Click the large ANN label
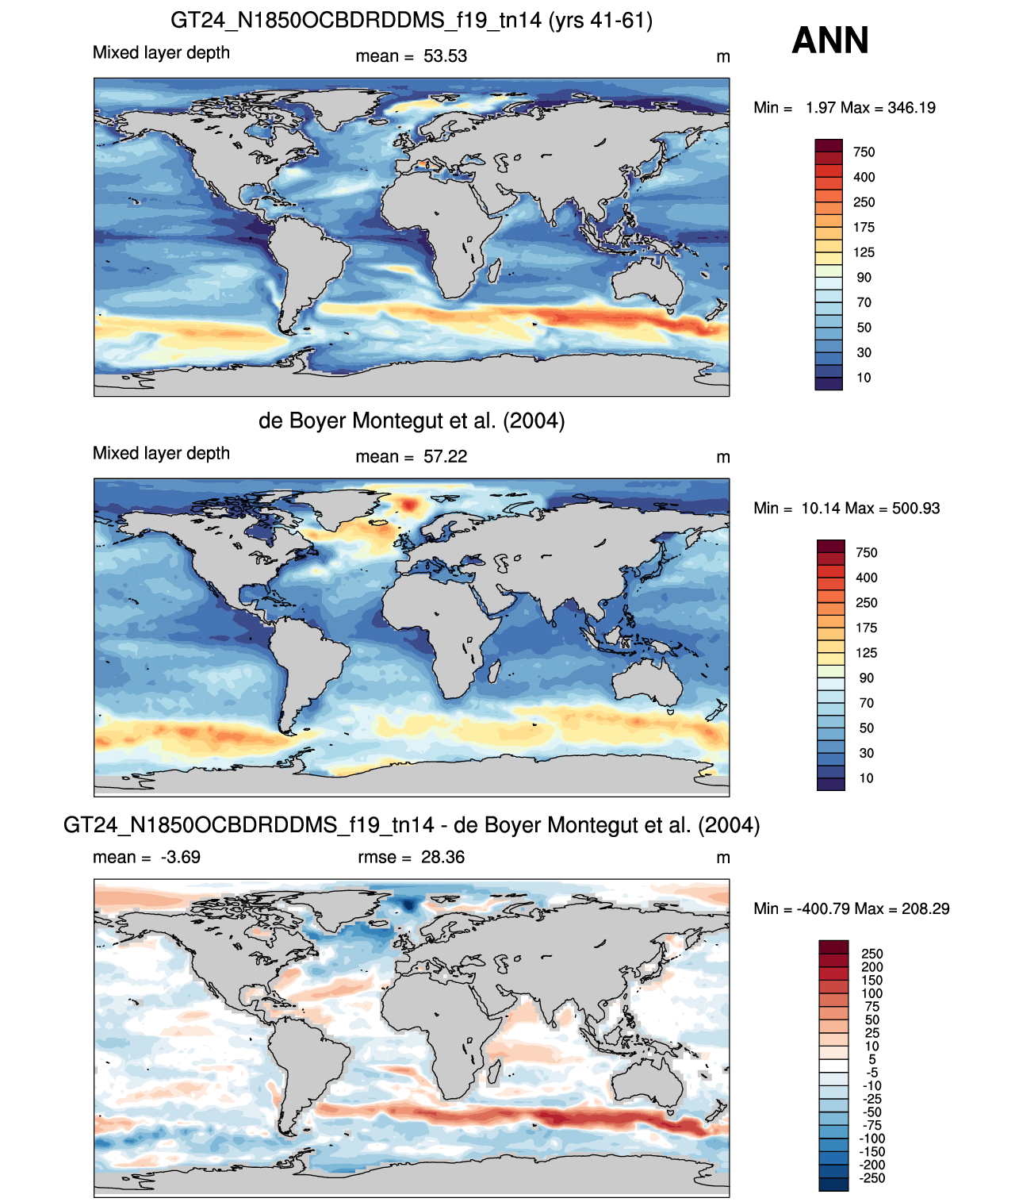[829, 40]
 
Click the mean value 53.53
[445, 56]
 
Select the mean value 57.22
[445, 456]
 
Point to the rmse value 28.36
[442, 857]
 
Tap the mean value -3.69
[180, 857]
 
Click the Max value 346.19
[911, 108]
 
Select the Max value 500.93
[916, 509]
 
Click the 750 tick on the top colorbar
[864, 152]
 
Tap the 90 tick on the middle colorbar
[866, 678]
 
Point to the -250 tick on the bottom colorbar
[872, 1178]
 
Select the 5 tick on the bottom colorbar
[872, 1059]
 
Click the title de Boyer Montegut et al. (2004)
[412, 421]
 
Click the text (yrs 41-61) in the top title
[600, 21]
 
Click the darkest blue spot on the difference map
[410, 904]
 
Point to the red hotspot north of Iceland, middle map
[410, 504]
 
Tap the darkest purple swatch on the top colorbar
[829, 384]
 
